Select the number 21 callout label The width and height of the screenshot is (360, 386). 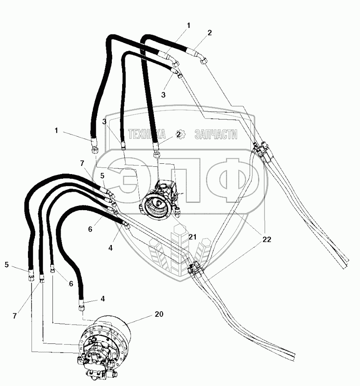tap(192, 237)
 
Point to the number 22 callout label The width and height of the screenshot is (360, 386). tap(267, 240)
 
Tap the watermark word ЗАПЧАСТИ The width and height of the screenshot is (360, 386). tap(215, 135)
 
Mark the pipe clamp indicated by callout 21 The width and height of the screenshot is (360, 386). tap(192, 270)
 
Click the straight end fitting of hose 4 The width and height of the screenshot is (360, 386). tap(81, 307)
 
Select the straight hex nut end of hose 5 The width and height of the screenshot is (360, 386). tap(31, 276)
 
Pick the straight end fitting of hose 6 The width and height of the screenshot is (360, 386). tap(52, 270)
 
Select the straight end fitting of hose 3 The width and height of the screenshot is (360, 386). tap(123, 147)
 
